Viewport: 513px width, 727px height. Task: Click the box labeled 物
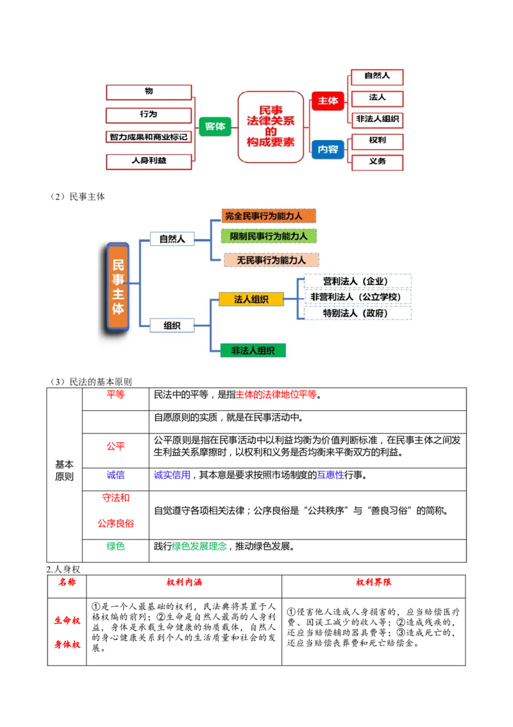(149, 92)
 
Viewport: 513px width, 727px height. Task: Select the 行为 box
(149, 115)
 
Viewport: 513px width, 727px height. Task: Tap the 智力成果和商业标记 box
(149, 137)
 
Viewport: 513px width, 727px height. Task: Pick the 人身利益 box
(149, 161)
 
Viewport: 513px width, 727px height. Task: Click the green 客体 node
(215, 127)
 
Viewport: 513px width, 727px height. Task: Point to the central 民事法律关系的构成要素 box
(271, 127)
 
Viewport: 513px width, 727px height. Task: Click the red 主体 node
(328, 101)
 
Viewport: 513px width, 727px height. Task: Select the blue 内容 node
(328, 149)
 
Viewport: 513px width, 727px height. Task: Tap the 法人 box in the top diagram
(377, 98)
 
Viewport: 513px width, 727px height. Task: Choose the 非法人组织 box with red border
(377, 119)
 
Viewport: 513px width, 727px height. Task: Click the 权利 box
(377, 141)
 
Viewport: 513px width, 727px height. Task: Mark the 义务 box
(377, 162)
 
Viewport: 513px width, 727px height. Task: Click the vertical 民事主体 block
(118, 286)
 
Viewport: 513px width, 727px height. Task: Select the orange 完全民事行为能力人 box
(269, 216)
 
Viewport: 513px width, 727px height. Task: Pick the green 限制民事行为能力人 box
(269, 236)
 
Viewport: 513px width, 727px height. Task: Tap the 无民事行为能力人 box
(271, 260)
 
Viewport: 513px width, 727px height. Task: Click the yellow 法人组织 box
(251, 299)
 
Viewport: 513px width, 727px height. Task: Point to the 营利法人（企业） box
(357, 281)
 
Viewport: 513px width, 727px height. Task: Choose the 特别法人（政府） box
(357, 313)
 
